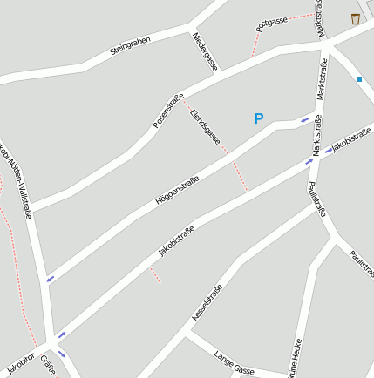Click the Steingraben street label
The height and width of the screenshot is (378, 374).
(131, 46)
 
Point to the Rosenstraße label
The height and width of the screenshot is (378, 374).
(167, 111)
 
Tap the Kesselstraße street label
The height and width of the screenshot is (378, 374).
(207, 301)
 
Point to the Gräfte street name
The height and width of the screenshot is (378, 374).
(47, 366)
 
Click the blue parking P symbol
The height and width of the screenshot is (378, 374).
(258, 118)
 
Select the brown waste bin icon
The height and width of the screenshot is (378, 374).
(355, 18)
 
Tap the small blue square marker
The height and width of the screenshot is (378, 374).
(358, 79)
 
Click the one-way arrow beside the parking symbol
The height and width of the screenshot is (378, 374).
(304, 119)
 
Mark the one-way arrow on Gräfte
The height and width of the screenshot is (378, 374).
(62, 353)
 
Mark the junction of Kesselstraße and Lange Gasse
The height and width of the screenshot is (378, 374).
(186, 332)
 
